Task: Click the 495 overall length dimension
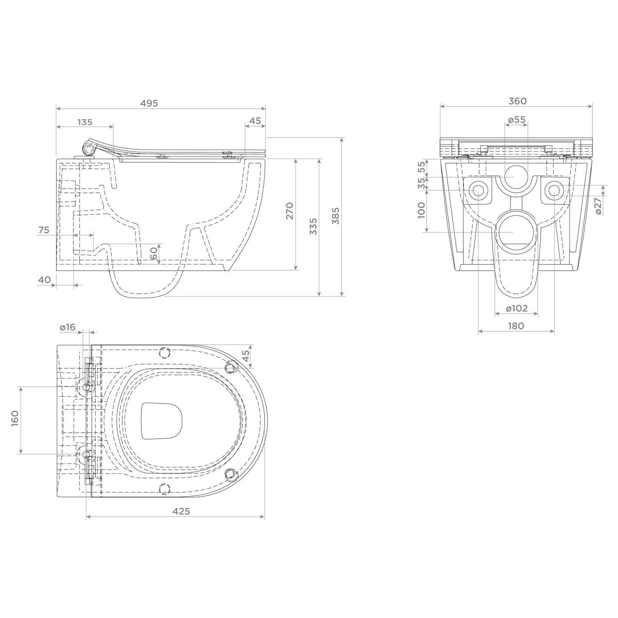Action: click(x=149, y=103)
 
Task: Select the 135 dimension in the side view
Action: click(x=85, y=122)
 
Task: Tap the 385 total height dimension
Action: click(x=336, y=215)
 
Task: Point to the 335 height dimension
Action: click(x=314, y=226)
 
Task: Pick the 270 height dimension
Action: click(x=290, y=211)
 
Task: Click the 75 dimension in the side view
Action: click(x=44, y=230)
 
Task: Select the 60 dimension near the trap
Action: click(x=154, y=253)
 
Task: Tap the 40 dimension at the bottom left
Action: click(x=44, y=280)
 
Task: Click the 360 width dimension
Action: click(x=517, y=101)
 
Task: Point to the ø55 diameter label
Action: click(x=516, y=119)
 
